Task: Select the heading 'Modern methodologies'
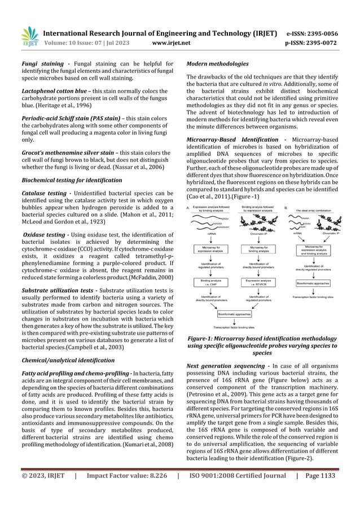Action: (213, 64)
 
